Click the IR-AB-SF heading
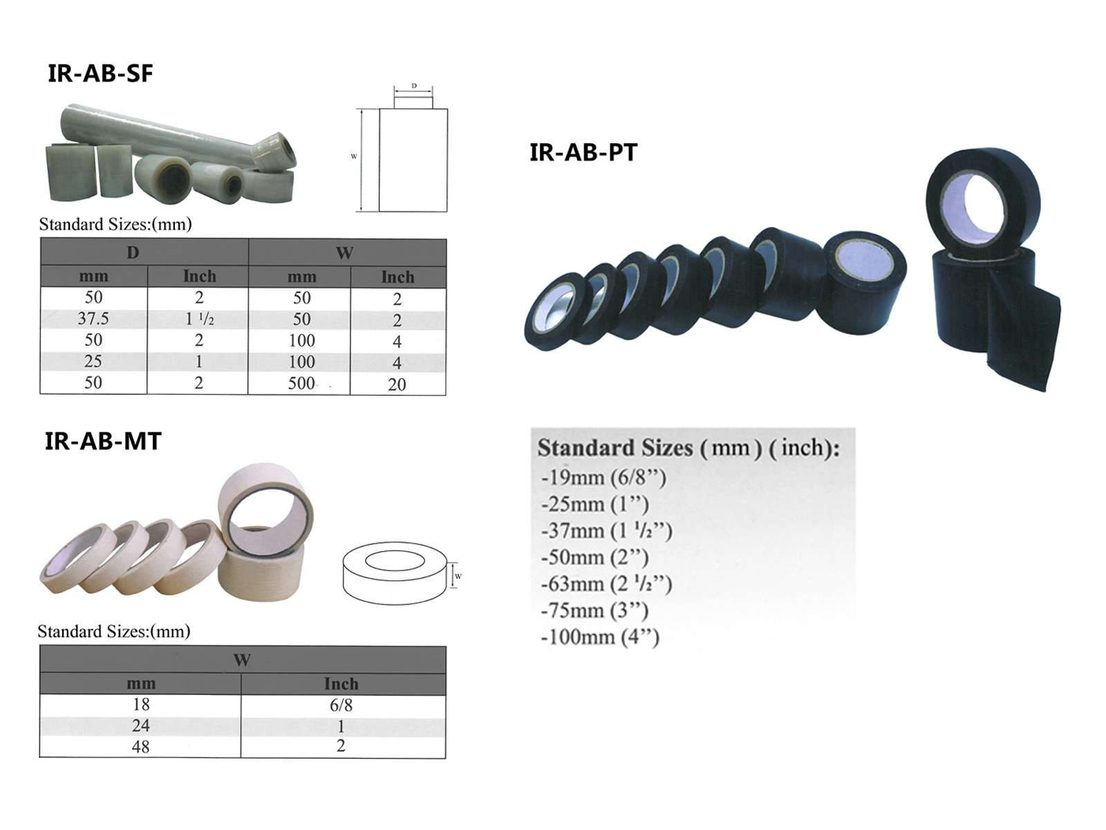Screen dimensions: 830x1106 pos(100,73)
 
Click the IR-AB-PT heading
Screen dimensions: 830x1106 pos(583,152)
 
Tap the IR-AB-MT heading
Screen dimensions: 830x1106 pos(103,441)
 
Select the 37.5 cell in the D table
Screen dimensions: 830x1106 pos(93,319)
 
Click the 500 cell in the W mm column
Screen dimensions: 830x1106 pos(301,383)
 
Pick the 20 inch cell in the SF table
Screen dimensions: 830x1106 pos(397,385)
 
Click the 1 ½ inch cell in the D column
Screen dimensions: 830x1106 pos(199,320)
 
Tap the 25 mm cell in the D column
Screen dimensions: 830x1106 pos(93,361)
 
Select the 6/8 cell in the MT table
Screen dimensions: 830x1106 pos(341,705)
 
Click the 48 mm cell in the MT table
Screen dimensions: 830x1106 pos(140,747)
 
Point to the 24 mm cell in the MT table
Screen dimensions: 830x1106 pos(140,726)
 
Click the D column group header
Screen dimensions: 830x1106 pos(133,252)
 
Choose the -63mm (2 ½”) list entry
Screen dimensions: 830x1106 pos(606,584)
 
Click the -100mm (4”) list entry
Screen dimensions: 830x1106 pos(600,637)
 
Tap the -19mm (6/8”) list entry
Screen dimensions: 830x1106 pos(603,477)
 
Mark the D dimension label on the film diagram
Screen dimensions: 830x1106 pos(414,86)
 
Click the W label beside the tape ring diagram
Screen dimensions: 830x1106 pos(458,576)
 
